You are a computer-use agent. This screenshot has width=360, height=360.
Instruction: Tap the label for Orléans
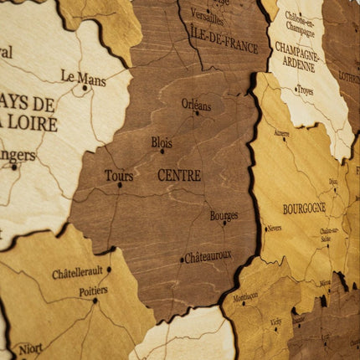196,105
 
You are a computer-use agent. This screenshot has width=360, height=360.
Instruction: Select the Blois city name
162,142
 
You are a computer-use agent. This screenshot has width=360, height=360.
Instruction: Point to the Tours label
119,176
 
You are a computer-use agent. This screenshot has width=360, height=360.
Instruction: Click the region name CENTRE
179,176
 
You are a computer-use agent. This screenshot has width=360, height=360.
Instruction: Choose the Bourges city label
224,215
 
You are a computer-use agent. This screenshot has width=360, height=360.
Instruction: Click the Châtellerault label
77,273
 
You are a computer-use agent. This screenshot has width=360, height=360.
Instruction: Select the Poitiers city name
93,291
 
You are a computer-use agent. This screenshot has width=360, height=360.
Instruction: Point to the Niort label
31,347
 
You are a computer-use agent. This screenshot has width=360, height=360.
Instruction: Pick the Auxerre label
281,133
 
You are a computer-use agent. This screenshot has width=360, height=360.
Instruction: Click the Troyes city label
305,90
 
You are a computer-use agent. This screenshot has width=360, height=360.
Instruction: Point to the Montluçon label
246,296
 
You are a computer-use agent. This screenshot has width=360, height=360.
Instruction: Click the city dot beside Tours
119,185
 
